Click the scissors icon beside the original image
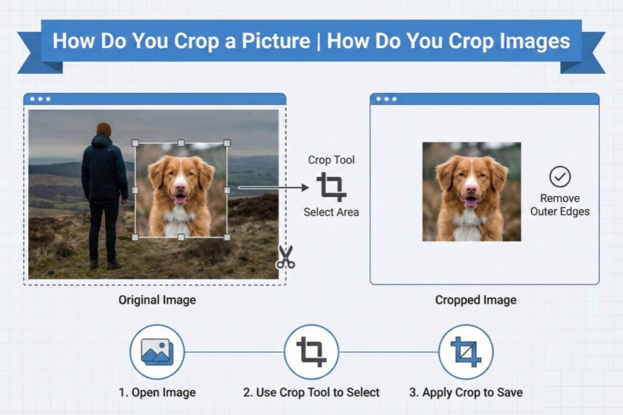coord(285,257)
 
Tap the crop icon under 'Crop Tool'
coord(331,186)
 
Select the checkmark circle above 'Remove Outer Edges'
coord(560,177)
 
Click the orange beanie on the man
coord(104,128)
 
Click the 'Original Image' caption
coord(157,299)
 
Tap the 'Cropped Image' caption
coord(476,299)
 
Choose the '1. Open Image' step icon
coord(157,352)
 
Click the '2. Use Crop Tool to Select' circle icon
coord(311,352)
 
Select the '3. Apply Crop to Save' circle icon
coord(465,352)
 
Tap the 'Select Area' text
coord(331,212)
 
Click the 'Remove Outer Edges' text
coord(560,205)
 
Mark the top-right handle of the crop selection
coord(227,143)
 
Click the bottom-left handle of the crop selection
coord(135,237)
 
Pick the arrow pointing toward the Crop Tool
coord(274,187)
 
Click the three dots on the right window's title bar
coord(386,99)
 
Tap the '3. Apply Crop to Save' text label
coord(465,392)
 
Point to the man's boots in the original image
coord(103,264)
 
